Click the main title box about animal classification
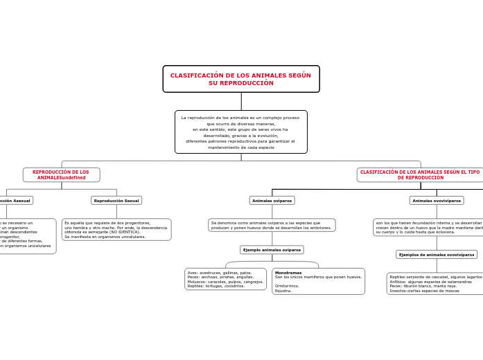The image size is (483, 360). pos(241,79)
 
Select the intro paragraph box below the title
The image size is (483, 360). pos(241,132)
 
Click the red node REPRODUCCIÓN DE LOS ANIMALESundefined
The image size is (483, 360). pos(61,174)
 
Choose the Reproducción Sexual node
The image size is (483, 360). pos(116,201)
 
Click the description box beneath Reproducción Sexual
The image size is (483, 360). pos(116,229)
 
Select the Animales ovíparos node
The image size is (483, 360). pos(272,201)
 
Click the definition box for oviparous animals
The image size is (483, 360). pos(272,225)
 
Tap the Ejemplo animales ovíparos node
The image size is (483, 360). pos(272,250)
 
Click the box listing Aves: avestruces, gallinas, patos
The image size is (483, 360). pos(225,279)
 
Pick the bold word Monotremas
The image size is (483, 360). pos(288,273)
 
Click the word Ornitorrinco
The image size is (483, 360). pos(287,285)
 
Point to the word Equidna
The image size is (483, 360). pos(283,291)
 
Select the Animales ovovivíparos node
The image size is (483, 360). pos(437,201)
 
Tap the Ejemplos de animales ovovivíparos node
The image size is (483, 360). pos(437,255)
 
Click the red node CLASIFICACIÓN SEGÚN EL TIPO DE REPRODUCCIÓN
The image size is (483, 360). pos(420,174)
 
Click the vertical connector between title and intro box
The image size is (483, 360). pos(241,101)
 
